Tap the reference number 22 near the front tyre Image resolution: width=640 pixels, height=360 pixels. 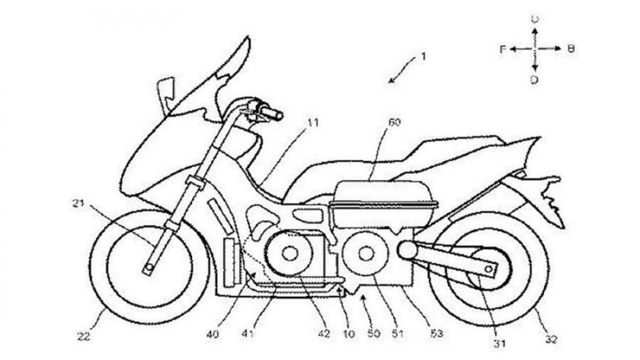coord(84,337)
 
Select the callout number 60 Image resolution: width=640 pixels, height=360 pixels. coord(394,122)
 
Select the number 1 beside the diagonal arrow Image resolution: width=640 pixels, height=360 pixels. coord(423,57)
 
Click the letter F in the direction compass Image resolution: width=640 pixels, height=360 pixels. coord(503,49)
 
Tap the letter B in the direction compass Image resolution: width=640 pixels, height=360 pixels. coord(571,49)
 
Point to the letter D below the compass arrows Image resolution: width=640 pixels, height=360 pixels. coord(534,80)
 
